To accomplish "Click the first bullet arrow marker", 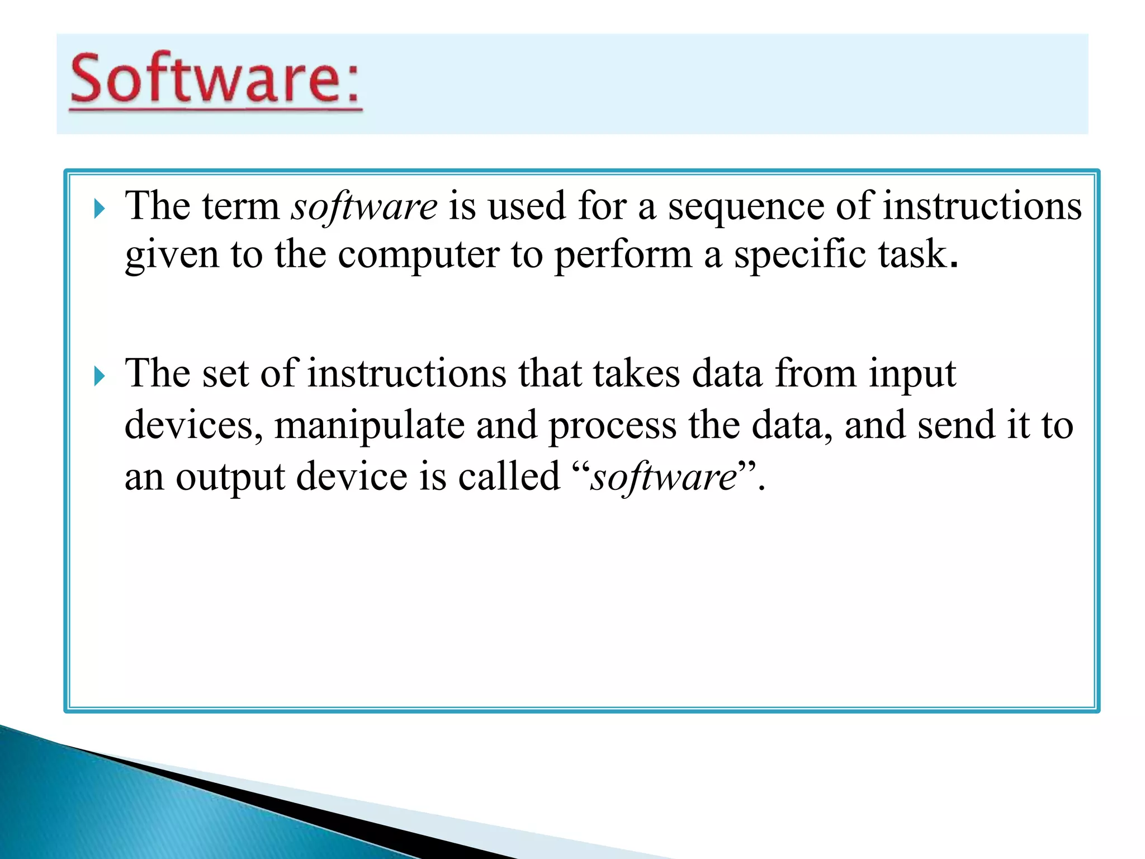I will (x=100, y=210).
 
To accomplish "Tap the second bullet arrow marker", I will (x=100, y=376).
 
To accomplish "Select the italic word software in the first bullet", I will (x=364, y=207).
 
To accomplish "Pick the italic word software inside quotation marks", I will (x=664, y=478).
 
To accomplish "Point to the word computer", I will (x=418, y=256).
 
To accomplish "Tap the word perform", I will (x=623, y=256).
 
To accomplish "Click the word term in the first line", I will (x=240, y=207).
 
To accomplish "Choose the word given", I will (x=172, y=256).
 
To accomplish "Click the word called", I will (x=509, y=477).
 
